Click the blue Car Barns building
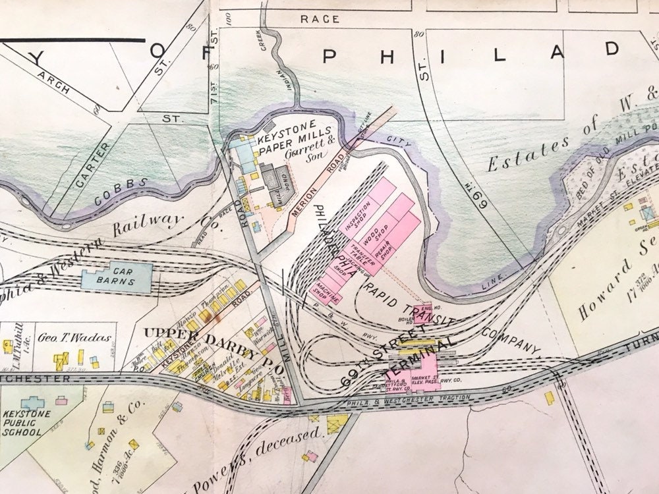[117, 277]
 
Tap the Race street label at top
[320, 19]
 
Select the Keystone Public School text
[24, 424]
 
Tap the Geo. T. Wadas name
[73, 336]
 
